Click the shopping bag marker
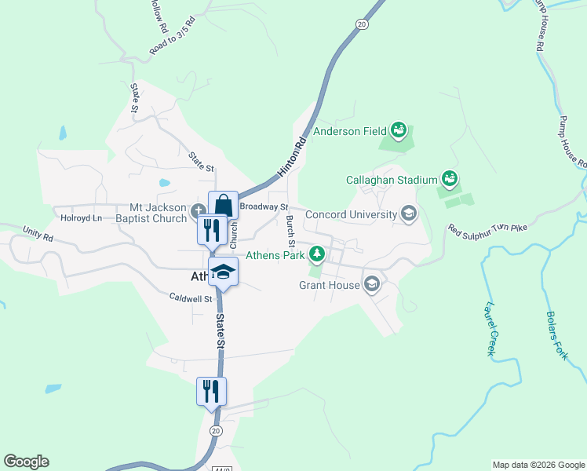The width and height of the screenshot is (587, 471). coord(223,206)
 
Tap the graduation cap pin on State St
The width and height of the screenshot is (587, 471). coord(223,272)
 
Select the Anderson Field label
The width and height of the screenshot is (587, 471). coord(350,131)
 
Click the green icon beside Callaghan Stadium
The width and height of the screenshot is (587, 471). coord(450,180)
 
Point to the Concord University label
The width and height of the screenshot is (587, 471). coord(352,214)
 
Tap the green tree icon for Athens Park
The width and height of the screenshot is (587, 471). coord(317,253)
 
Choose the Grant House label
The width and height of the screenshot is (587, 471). coord(330,285)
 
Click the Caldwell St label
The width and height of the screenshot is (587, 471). coord(191,298)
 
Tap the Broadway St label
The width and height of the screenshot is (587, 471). coord(264,206)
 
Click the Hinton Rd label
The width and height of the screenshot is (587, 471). coord(290,159)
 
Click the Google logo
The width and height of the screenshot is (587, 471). coord(26,462)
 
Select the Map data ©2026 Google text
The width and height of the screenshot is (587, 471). coord(538,465)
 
